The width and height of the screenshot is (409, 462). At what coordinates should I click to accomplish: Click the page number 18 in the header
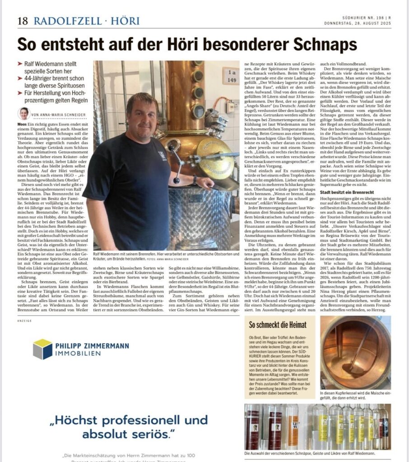tap(23, 21)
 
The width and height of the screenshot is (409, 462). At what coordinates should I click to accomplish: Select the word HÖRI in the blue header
tap(126, 21)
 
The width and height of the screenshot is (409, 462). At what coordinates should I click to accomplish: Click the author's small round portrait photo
tap(24, 113)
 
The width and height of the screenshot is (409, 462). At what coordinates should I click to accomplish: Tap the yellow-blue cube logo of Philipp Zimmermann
tap(42, 349)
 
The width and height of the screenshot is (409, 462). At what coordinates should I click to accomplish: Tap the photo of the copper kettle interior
tap(355, 352)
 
